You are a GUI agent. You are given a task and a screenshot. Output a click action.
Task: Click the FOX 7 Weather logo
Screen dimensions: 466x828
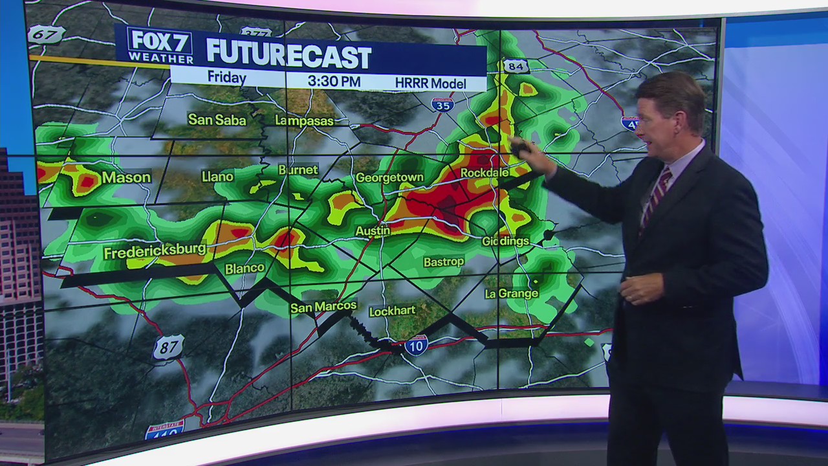(160, 46)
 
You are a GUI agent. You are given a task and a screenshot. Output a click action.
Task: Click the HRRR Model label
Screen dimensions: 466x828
(430, 83)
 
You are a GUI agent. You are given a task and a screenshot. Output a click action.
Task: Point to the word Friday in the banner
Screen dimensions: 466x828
(226, 78)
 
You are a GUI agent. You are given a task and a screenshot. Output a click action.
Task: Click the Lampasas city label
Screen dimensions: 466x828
(304, 120)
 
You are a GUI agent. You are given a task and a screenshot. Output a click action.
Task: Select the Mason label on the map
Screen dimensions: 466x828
(126, 177)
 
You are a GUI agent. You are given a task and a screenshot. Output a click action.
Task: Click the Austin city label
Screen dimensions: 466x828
(373, 230)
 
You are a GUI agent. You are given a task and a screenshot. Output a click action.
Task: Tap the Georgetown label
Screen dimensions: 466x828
(389, 177)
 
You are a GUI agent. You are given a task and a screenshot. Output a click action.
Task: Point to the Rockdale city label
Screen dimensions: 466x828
(485, 173)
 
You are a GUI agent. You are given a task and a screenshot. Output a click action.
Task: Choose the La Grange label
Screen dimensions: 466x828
(511, 294)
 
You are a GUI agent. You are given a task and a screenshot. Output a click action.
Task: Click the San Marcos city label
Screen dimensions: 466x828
(323, 307)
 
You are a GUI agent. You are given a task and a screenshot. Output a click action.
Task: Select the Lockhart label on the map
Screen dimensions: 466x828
(392, 311)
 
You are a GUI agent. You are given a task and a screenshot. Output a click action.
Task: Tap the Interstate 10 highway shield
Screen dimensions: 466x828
(416, 346)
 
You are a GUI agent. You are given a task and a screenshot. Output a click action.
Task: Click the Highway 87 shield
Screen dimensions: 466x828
(168, 348)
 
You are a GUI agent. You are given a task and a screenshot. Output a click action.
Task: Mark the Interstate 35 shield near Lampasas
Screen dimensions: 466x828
(442, 104)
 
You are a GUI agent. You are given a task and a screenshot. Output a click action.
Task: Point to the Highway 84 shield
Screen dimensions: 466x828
(516, 66)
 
